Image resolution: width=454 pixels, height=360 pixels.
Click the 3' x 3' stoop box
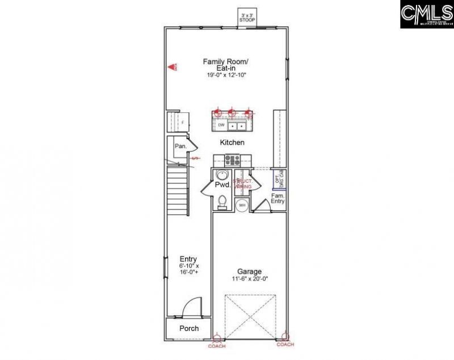tap(247, 17)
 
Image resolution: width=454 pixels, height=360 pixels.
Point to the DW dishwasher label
tap(221, 124)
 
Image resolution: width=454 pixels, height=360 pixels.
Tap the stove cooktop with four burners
tap(233, 160)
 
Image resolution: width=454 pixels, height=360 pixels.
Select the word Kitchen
tap(233, 143)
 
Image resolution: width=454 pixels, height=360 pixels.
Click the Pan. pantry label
tap(180, 146)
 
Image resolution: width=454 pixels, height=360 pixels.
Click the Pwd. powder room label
tap(222, 185)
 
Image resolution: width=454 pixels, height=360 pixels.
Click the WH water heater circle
tap(242, 204)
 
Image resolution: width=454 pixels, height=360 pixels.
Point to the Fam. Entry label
tap(278, 198)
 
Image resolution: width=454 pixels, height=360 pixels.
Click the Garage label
tap(249, 271)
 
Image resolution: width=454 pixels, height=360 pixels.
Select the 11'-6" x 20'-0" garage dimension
tap(249, 279)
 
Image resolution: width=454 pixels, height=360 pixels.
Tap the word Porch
tap(188, 329)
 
